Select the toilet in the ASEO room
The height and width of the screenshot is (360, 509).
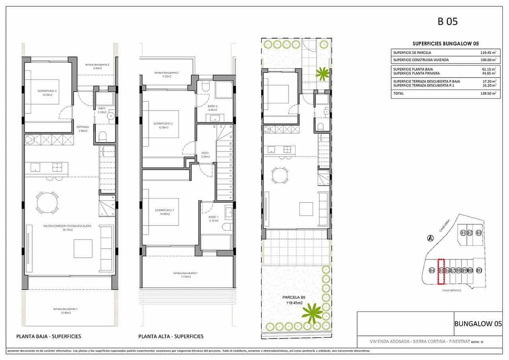[102, 136]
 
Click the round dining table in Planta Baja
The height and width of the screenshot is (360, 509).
[47, 202]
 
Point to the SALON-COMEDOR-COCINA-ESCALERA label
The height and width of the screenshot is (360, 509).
[67, 226]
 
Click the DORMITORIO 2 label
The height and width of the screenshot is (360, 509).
[166, 124]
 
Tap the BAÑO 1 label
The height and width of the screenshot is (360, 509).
[213, 217]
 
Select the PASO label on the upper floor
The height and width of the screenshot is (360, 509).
[205, 152]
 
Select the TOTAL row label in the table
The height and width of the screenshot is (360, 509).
[398, 93]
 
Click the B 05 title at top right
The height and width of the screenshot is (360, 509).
[447, 21]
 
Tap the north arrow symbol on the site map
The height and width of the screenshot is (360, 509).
[430, 238]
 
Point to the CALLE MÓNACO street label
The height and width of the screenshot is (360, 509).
[451, 290]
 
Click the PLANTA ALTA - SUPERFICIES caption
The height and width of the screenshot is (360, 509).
[171, 337]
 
